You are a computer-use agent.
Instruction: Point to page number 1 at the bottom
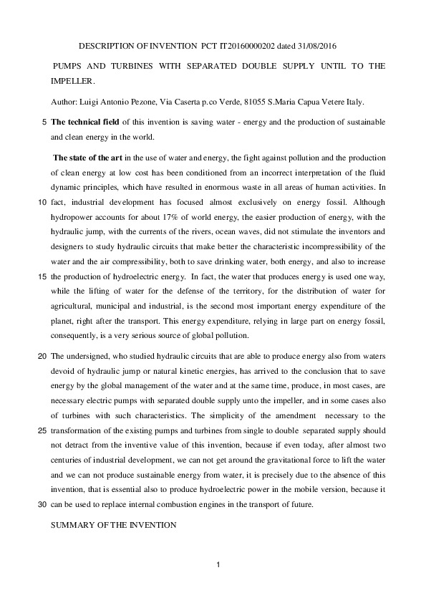pyautogui.click(x=218, y=567)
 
